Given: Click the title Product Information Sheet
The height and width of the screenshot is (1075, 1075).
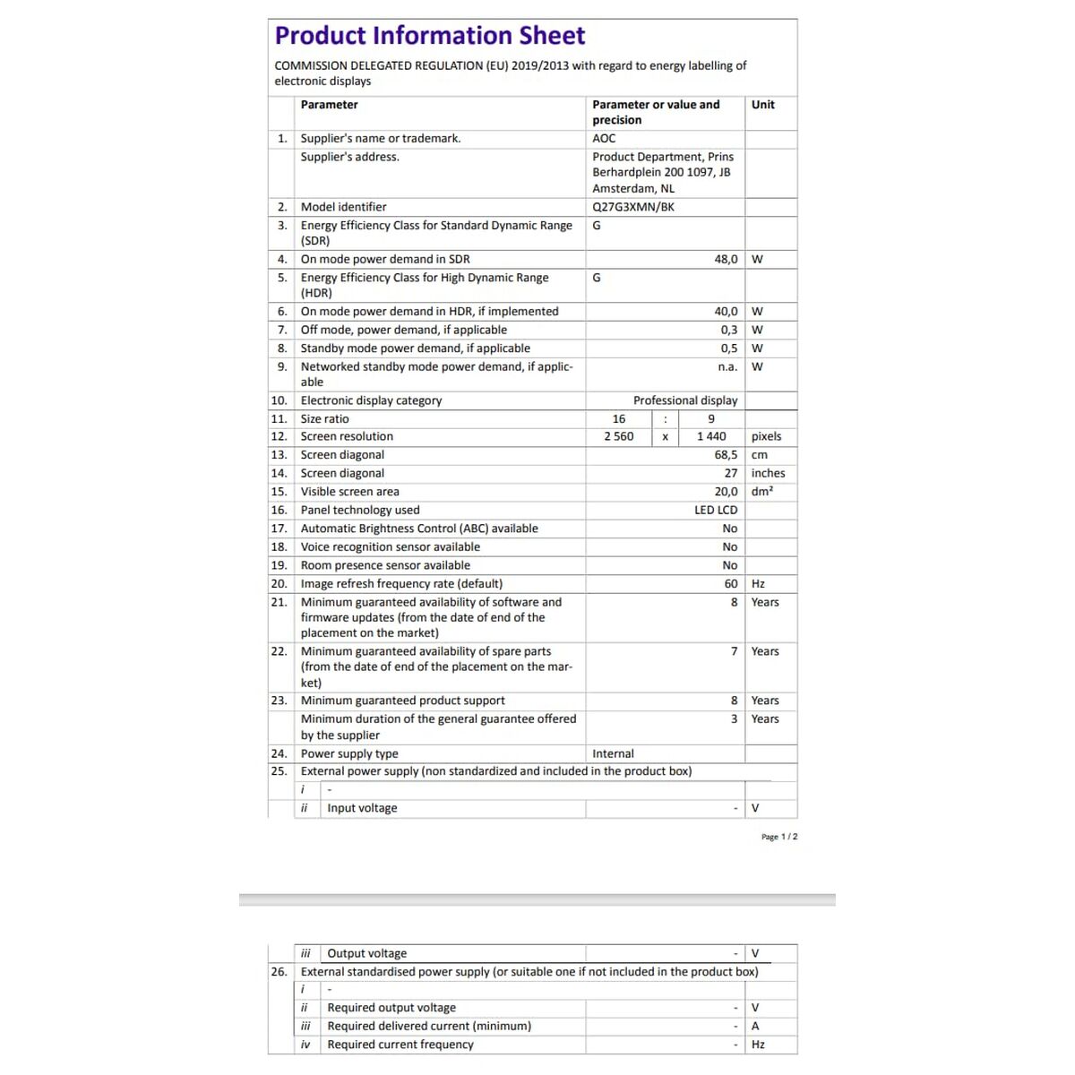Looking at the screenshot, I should (x=429, y=36).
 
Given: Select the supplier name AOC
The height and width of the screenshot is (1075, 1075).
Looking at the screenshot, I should (x=604, y=139).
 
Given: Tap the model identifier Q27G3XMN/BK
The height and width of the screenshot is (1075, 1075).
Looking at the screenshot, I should (x=633, y=207).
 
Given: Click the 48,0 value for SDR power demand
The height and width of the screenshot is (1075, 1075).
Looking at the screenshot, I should (x=726, y=260).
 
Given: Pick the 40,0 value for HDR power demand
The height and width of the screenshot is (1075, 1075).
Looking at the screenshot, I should (x=726, y=312).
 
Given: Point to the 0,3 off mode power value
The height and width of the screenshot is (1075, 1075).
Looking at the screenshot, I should (x=728, y=330).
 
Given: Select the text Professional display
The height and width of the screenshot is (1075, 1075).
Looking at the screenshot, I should (x=685, y=400).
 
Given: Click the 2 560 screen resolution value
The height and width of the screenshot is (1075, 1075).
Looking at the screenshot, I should (x=618, y=437).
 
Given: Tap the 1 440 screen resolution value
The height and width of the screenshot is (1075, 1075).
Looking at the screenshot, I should (x=711, y=437).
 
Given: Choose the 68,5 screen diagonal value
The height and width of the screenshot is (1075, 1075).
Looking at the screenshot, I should (x=726, y=455).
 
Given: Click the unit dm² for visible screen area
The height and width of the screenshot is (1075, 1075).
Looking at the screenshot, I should (x=762, y=492).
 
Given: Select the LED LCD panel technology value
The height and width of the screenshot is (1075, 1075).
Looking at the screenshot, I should (x=716, y=511).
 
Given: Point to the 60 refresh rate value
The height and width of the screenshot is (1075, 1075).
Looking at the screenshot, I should (x=731, y=584).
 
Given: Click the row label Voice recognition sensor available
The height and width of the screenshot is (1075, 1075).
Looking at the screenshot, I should (x=390, y=547).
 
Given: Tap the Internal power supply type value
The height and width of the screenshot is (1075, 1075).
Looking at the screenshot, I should (x=613, y=754).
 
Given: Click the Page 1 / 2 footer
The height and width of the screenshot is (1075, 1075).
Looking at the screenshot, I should (x=778, y=837).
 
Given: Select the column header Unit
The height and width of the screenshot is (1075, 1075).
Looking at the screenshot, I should (x=763, y=105).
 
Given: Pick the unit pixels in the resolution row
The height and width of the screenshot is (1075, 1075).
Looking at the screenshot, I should (x=766, y=437).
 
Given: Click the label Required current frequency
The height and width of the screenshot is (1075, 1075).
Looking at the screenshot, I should (x=400, y=1045).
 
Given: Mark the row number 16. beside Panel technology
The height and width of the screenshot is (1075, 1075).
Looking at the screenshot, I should (x=279, y=511).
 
